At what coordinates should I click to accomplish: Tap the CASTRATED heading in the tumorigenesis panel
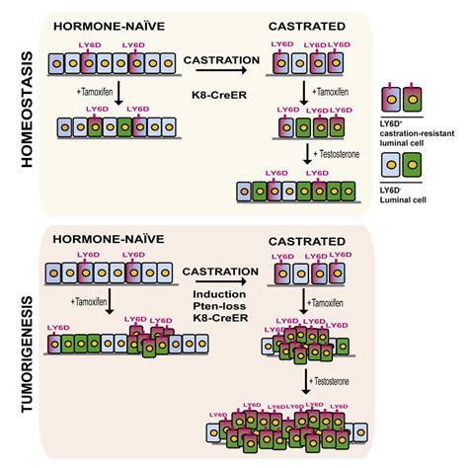tap(312, 241)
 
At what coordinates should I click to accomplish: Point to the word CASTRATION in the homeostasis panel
tap(215, 60)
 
